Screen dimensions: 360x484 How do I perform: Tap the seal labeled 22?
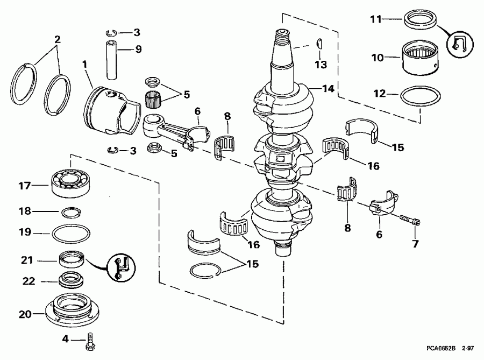tap(72, 280)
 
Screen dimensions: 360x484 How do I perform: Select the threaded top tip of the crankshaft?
tap(284, 36)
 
